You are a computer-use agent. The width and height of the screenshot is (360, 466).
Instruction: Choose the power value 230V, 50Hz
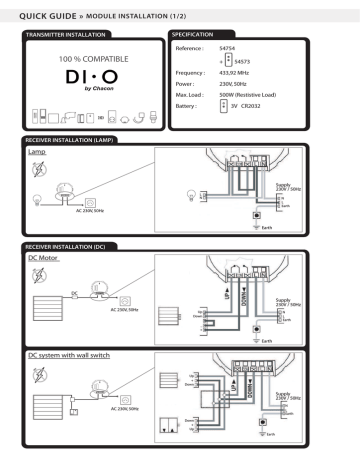tap(230, 85)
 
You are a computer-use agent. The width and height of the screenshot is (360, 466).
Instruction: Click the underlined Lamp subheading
tap(37, 154)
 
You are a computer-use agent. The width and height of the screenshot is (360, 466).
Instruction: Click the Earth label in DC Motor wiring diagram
tap(300, 340)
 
